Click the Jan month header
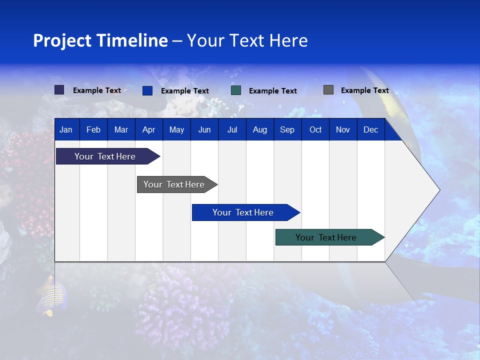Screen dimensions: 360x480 [66, 129]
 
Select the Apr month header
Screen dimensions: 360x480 [148, 129]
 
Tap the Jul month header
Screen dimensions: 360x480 [232, 129]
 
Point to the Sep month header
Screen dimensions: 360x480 [287, 129]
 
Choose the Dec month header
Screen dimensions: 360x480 [370, 129]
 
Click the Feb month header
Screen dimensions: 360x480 [93, 129]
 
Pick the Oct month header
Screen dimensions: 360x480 [315, 129]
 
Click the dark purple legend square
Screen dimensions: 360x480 [59, 90]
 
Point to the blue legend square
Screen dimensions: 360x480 [147, 90]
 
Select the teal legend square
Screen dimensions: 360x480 [236, 90]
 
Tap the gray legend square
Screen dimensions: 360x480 [328, 90]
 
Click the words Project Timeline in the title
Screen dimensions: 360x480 [100, 40]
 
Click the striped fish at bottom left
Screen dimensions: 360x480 [52, 296]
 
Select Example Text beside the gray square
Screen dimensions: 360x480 [364, 90]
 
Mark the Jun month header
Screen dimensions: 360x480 [204, 129]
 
